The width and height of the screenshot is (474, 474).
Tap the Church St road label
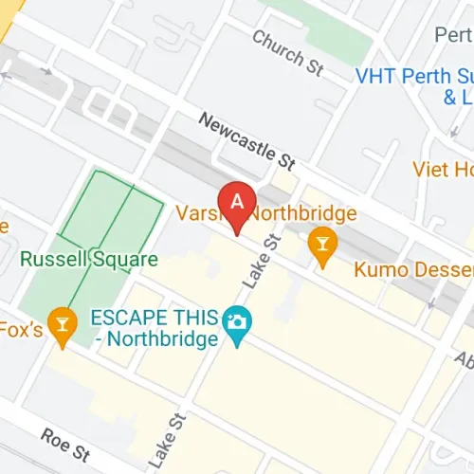click(288, 51)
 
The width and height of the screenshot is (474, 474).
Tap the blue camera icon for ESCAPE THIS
click(236, 321)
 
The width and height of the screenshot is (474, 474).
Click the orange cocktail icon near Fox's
click(64, 325)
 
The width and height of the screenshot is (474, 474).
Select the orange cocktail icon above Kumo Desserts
click(322, 246)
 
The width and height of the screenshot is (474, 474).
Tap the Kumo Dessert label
click(413, 269)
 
